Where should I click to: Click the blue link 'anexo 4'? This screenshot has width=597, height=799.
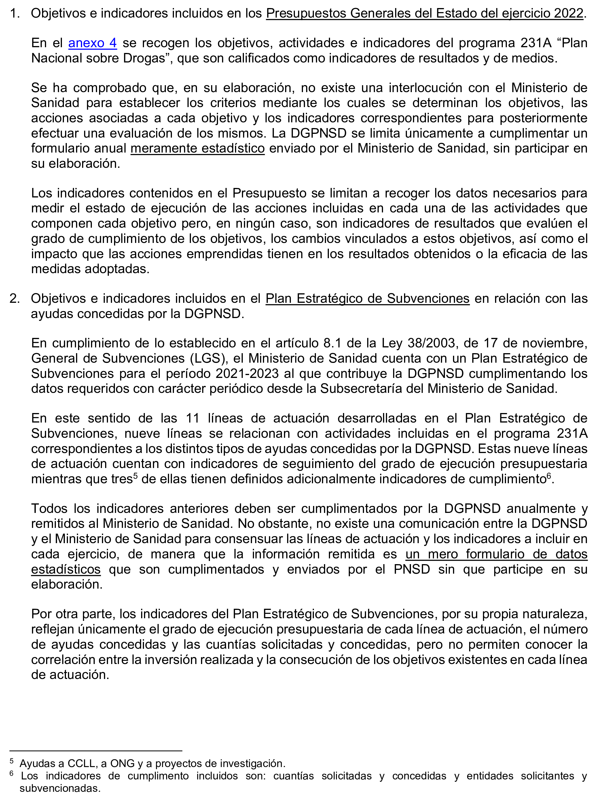click(92, 43)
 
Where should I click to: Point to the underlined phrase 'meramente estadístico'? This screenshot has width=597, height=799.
click(198, 149)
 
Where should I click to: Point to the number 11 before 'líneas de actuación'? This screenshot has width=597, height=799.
click(193, 418)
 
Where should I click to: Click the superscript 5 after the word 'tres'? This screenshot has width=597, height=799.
click(136, 476)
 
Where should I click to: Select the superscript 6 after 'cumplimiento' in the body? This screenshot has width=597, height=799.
click(549, 476)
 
